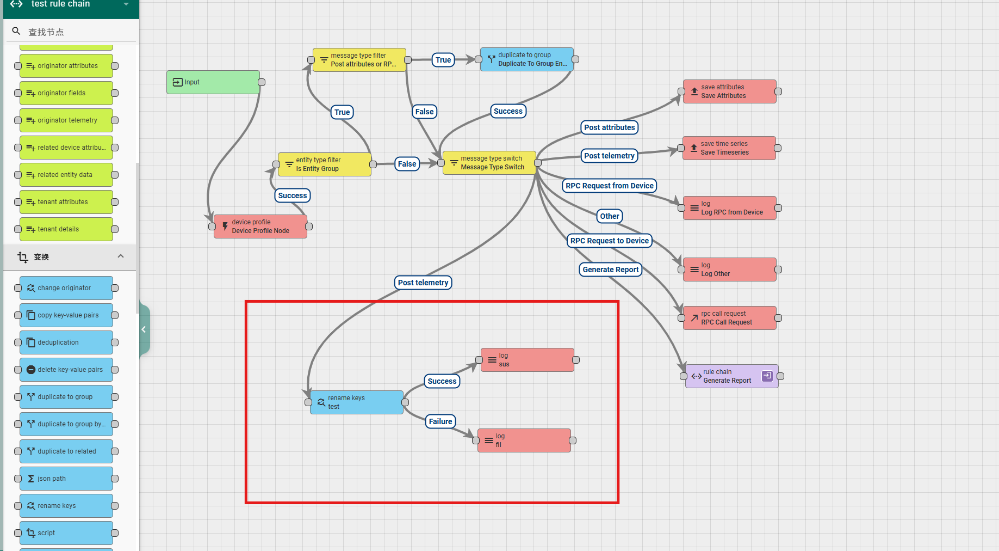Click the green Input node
tap(213, 82)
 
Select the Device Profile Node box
tap(260, 226)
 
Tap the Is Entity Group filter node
tap(325, 164)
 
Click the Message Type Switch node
tap(489, 163)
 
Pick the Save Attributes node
tap(729, 91)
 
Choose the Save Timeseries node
tap(729, 148)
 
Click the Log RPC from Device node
tap(729, 208)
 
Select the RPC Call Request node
tap(729, 318)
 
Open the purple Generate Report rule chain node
tap(731, 376)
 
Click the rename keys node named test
tap(356, 402)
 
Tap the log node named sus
tap(527, 360)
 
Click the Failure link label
tap(440, 421)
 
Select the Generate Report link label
tap(611, 270)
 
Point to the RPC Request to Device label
tap(609, 241)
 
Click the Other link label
tap(610, 216)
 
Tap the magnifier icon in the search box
tap(16, 32)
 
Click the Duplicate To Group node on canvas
tap(526, 59)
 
